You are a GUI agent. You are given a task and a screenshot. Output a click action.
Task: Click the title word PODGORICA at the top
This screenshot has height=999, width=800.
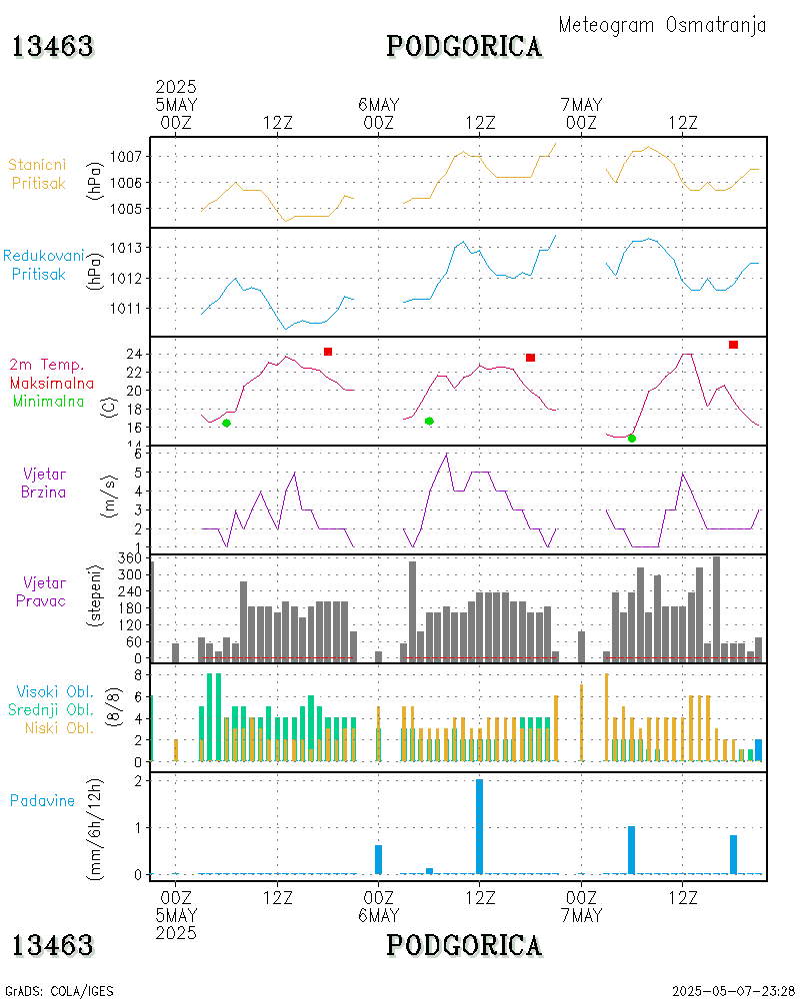pyautogui.click(x=464, y=46)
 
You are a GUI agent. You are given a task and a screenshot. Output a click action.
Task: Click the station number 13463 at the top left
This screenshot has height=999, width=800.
pyautogui.click(x=52, y=46)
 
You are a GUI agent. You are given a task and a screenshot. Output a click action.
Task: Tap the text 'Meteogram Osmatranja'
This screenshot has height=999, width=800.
pyautogui.click(x=662, y=25)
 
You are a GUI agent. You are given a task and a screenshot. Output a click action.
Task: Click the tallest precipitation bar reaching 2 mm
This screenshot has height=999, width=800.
pyautogui.click(x=480, y=826)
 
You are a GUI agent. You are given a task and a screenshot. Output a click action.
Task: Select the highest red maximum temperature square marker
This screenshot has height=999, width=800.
pyautogui.click(x=733, y=345)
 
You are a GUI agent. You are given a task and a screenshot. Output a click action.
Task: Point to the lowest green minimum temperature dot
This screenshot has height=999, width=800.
pyautogui.click(x=631, y=439)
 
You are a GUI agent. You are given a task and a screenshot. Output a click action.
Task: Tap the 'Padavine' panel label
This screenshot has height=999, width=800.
pyautogui.click(x=42, y=800)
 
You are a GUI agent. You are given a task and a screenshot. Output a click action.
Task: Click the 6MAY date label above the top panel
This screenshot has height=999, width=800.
pyautogui.click(x=379, y=105)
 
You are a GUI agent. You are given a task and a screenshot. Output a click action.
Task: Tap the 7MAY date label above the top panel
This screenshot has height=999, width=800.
pyautogui.click(x=581, y=105)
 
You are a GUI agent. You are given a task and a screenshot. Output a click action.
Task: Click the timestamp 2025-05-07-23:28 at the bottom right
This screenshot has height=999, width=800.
pyautogui.click(x=733, y=991)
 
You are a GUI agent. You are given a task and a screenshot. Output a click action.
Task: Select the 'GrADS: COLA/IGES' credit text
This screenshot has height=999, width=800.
pyautogui.click(x=59, y=991)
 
